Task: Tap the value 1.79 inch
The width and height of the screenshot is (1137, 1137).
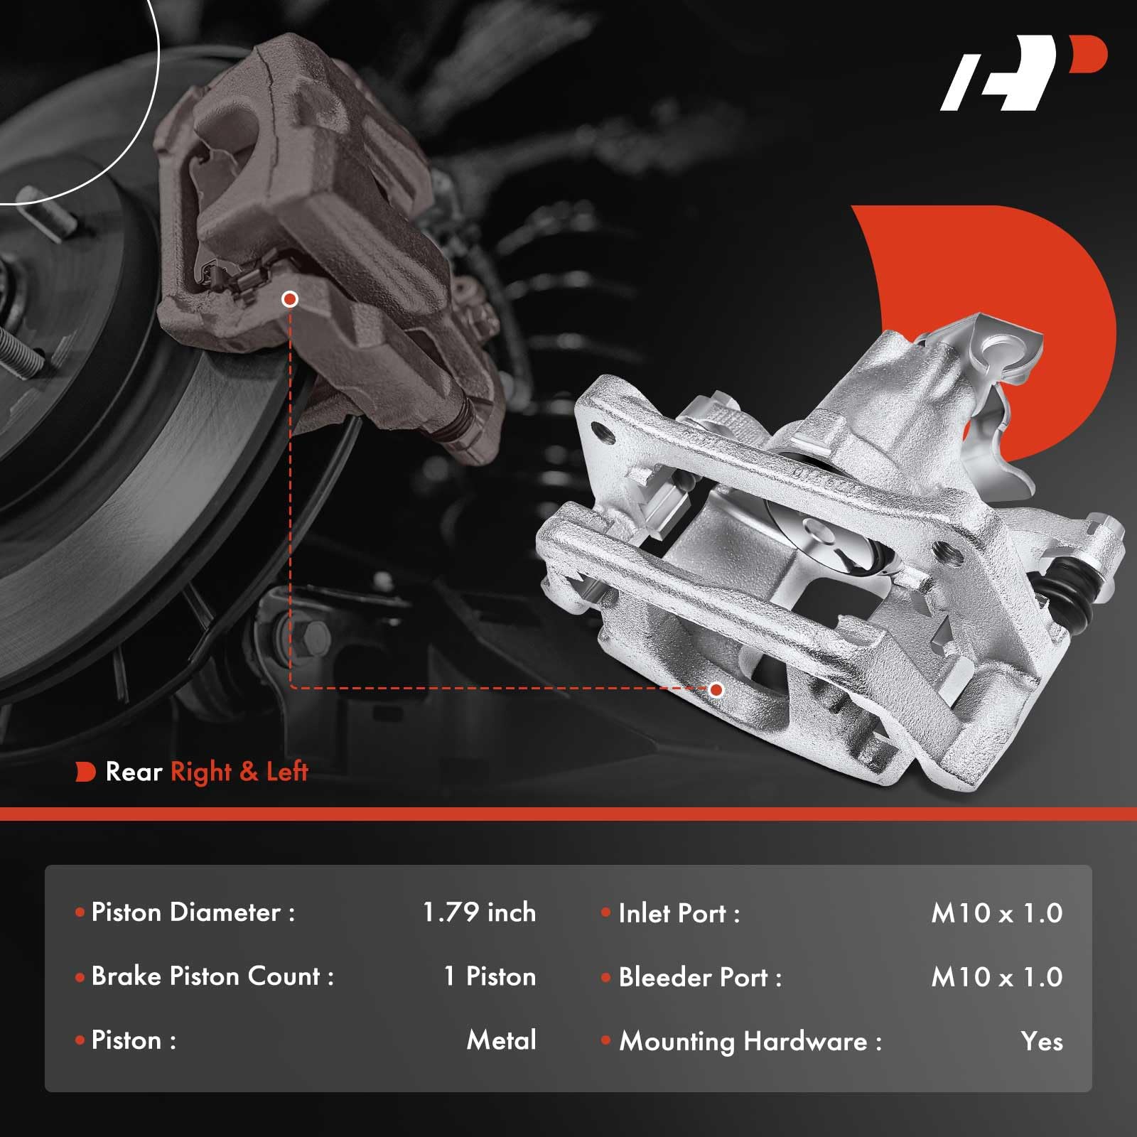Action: [479, 912]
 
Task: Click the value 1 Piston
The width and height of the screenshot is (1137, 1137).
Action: [490, 976]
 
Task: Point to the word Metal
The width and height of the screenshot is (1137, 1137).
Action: [501, 1040]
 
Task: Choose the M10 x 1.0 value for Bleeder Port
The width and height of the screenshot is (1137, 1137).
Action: [996, 977]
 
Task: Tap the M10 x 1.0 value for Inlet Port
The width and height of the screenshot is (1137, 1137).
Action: [996, 913]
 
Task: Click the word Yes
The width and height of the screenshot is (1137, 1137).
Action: [1042, 1042]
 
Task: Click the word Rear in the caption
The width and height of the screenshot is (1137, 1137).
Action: [134, 772]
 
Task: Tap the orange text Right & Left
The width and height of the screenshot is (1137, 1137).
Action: [239, 772]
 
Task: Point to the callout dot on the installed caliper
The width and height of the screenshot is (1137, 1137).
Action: [289, 299]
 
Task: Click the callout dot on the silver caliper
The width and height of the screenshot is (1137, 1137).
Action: [716, 689]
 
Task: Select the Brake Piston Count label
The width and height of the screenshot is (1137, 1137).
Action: [212, 976]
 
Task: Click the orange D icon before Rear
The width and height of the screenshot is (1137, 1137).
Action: [85, 772]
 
